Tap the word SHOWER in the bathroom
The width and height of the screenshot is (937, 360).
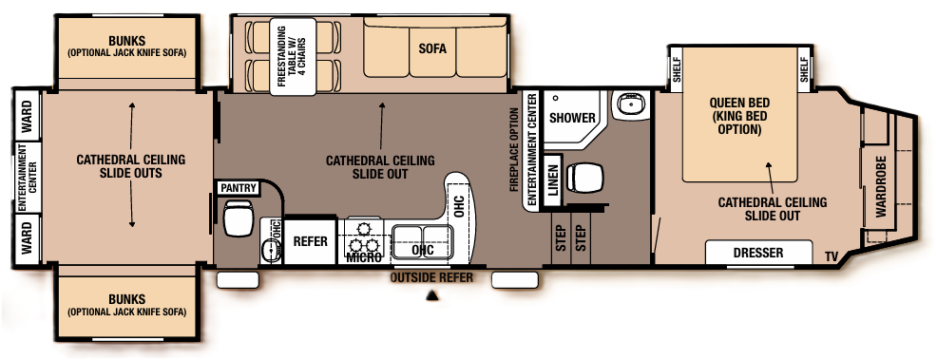(x=573, y=118)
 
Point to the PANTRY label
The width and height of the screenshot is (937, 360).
(x=238, y=188)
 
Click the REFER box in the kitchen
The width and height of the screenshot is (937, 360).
(x=311, y=241)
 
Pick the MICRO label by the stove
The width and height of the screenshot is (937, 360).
(x=363, y=257)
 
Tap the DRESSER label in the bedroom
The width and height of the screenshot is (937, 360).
(x=757, y=253)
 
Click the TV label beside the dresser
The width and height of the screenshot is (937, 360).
(x=831, y=256)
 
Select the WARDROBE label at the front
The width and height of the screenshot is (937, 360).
(x=881, y=187)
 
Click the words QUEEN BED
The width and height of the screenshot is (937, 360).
(x=739, y=103)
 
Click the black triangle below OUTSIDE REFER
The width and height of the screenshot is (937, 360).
(x=432, y=296)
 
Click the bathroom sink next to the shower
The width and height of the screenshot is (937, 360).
(x=628, y=104)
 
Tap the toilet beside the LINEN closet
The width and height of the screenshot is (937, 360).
(x=583, y=178)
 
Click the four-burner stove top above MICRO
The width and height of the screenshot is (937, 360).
(x=364, y=234)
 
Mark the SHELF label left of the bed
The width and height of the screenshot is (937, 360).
(x=677, y=69)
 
